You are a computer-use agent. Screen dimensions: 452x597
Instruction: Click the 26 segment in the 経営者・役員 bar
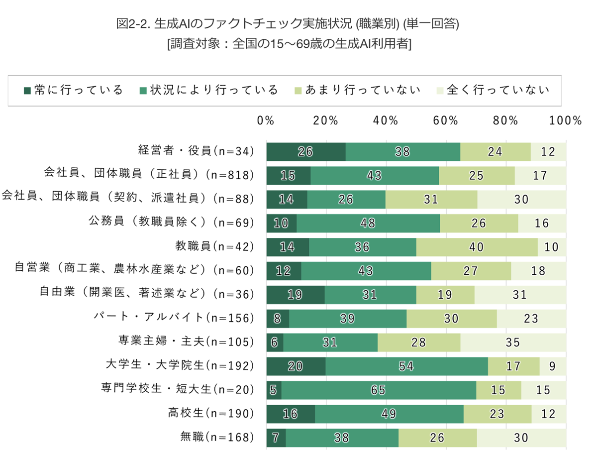(306, 152)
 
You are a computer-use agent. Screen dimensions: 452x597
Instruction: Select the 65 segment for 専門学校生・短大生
(379, 390)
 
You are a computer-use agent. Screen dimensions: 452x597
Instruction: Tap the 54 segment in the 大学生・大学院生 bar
(406, 366)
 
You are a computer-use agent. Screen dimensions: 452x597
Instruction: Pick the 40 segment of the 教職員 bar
(477, 247)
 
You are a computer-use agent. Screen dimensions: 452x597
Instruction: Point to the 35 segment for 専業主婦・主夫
(513, 342)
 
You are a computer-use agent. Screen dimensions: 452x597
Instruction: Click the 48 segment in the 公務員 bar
(368, 223)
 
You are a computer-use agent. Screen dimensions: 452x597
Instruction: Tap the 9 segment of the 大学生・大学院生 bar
(553, 366)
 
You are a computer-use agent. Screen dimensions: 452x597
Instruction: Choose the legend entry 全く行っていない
(493, 90)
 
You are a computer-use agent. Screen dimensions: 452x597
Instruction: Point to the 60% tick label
(445, 120)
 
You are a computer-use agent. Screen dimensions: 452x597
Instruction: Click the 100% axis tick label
(566, 120)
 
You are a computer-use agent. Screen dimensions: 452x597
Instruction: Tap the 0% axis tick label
(266, 120)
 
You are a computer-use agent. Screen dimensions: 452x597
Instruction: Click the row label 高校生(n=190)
(211, 413)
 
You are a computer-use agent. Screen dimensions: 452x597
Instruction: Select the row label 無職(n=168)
(217, 437)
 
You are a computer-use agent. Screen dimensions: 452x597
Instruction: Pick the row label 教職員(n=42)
(214, 246)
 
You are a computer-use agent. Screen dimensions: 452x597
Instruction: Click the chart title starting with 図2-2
(287, 24)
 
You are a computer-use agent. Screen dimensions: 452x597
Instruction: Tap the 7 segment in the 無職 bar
(276, 438)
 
